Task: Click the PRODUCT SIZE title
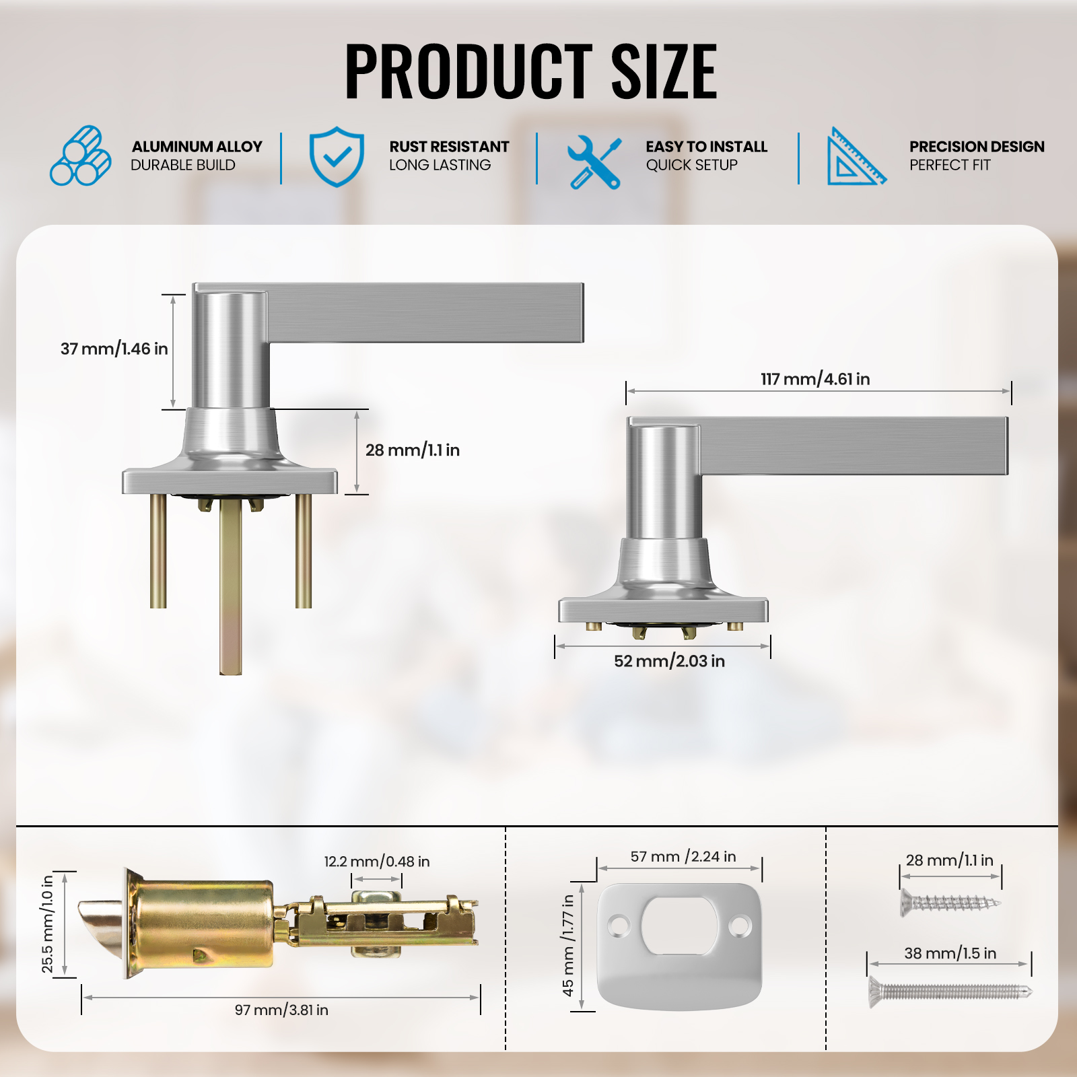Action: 531,71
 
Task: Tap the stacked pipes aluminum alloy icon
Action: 81,155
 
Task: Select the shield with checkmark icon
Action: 337,157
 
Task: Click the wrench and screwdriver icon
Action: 594,162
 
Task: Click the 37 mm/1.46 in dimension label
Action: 114,349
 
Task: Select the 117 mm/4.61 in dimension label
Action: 815,379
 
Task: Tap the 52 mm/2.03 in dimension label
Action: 669,661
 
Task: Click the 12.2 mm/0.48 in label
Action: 377,862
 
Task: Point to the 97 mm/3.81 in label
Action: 281,1010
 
